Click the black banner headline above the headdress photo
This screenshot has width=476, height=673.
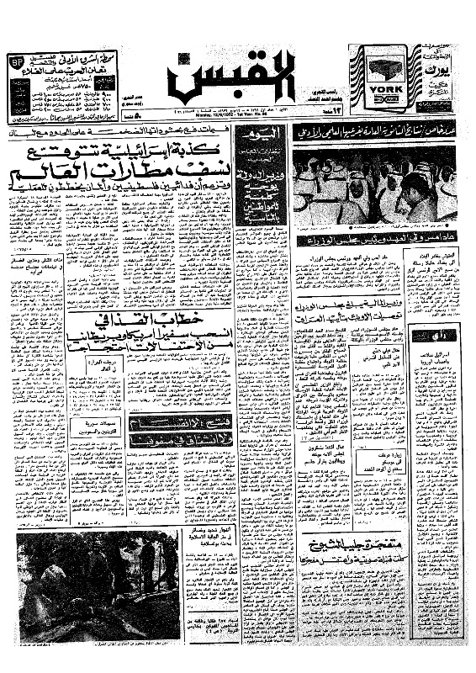point(375,131)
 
